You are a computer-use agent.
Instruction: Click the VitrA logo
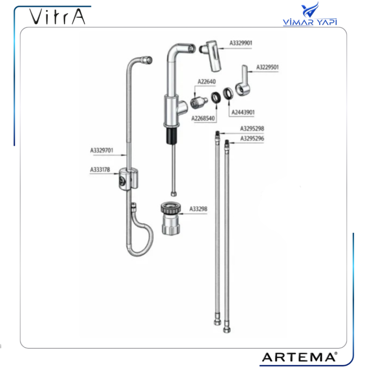click(57, 17)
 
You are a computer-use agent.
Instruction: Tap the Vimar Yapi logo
click(310, 14)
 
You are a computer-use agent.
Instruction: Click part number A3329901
click(241, 43)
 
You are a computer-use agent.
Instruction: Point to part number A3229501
click(267, 67)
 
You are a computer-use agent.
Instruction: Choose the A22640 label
click(207, 82)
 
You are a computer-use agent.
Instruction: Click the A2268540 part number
click(203, 118)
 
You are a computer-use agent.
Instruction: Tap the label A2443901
click(243, 112)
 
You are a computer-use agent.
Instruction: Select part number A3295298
click(252, 128)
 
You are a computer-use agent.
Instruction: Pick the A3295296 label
click(252, 138)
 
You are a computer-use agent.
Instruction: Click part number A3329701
click(102, 150)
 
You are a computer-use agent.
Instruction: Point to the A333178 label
click(100, 169)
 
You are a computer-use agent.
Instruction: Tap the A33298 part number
click(198, 209)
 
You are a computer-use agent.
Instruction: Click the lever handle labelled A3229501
click(243, 82)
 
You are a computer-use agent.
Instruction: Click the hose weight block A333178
click(128, 179)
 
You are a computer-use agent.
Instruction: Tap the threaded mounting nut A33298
click(171, 219)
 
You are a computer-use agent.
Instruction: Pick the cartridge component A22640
click(199, 102)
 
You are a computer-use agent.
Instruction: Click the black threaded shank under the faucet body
click(172, 136)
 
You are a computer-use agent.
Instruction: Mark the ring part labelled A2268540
click(216, 98)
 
